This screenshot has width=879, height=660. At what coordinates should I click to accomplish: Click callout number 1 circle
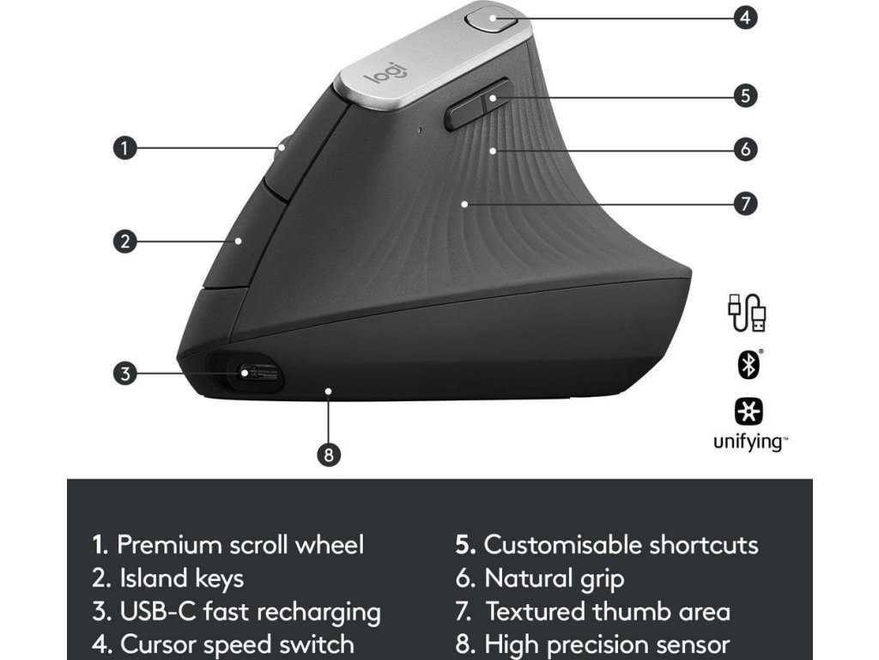point(125,148)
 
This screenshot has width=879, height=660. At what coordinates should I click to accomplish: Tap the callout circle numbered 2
point(125,241)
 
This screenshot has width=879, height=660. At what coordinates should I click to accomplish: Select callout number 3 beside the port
point(125,374)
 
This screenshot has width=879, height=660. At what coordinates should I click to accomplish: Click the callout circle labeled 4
point(746,16)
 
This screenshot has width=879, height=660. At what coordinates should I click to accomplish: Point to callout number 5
point(746,95)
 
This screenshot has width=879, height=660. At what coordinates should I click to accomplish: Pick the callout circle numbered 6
point(746,149)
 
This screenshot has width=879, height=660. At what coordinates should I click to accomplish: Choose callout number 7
point(746,204)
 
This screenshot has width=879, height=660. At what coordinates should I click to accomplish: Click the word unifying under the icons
point(749,443)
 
